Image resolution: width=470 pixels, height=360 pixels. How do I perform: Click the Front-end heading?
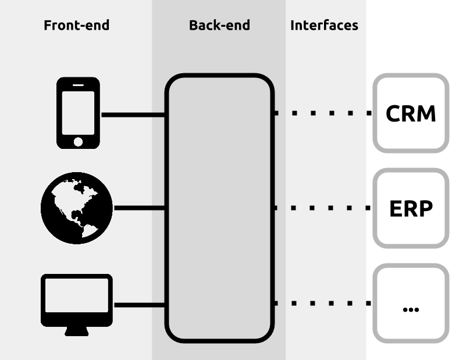76,25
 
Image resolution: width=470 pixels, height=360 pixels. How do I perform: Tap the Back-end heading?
219,25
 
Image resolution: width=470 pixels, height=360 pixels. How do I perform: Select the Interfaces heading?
325,25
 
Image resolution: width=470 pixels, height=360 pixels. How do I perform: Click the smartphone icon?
78,113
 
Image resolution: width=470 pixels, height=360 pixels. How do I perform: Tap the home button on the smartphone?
78,142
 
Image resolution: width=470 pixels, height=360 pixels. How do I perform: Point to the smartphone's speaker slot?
78,85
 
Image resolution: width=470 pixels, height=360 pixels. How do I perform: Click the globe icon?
77,208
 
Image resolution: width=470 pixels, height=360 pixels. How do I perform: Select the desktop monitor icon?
77,305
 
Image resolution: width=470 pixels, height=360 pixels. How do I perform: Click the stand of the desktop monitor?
77,332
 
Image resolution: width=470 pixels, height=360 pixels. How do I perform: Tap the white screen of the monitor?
77,295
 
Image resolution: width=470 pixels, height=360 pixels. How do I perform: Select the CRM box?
411,113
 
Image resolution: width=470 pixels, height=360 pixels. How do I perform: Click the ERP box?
411,208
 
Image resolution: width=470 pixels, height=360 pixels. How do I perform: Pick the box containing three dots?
411,304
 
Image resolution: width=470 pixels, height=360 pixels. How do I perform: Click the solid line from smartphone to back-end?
133,115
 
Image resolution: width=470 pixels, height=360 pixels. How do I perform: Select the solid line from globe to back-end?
140,208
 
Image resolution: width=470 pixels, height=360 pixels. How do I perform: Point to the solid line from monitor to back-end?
140,305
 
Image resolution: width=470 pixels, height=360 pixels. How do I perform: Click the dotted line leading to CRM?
323,113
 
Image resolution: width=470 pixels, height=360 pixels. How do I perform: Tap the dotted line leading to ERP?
323,208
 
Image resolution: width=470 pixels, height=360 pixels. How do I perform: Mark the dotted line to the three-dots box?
323,304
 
